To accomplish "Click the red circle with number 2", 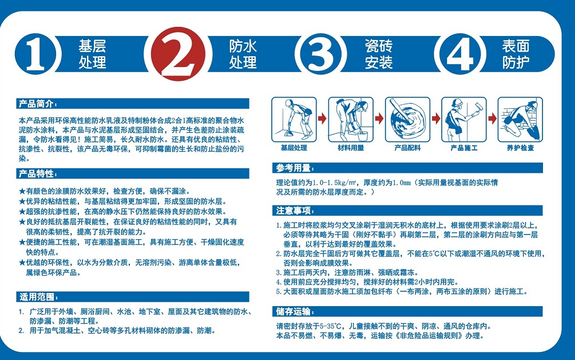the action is pos(178,54).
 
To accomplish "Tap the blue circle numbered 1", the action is pos(35,54).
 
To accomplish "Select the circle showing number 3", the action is pos(320,54).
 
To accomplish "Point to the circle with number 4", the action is pos(460,54).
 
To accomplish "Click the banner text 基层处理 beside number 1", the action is pos(92,54).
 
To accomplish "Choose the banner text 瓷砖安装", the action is pos(378,54).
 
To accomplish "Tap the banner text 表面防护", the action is pos(515,54).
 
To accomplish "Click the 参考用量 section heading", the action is pos(295,168).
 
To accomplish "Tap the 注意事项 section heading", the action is pos(295,211).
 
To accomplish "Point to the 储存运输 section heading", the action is pos(295,312).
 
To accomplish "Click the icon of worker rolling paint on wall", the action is pos(464,120).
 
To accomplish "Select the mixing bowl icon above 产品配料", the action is pos(407,120).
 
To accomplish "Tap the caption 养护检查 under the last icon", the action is pos(520,148).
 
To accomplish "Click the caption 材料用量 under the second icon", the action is pos(351,148).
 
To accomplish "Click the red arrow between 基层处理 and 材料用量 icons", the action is pos(322,118).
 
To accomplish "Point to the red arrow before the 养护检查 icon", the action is pos(492,118).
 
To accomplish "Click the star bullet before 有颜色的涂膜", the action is pos(22,191).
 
